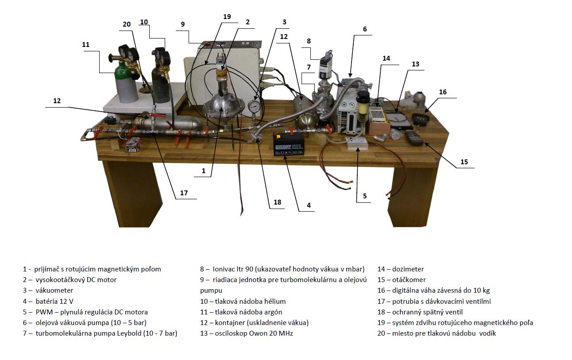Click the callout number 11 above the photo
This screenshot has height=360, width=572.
pos(86,45)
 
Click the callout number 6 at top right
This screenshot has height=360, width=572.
pos(365,29)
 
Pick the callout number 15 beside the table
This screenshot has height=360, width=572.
pos(464,162)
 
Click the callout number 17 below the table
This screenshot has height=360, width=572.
pos(184,193)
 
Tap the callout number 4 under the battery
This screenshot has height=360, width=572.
pos(309,205)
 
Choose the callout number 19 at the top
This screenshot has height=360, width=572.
pos(227,17)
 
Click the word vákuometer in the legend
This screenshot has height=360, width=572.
pos(54,290)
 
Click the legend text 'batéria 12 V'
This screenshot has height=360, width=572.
pos(54,301)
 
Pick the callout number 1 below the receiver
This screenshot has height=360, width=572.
pos(204,170)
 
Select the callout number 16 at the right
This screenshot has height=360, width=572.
pos(443,92)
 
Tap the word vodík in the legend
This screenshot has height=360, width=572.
pos(487,333)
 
